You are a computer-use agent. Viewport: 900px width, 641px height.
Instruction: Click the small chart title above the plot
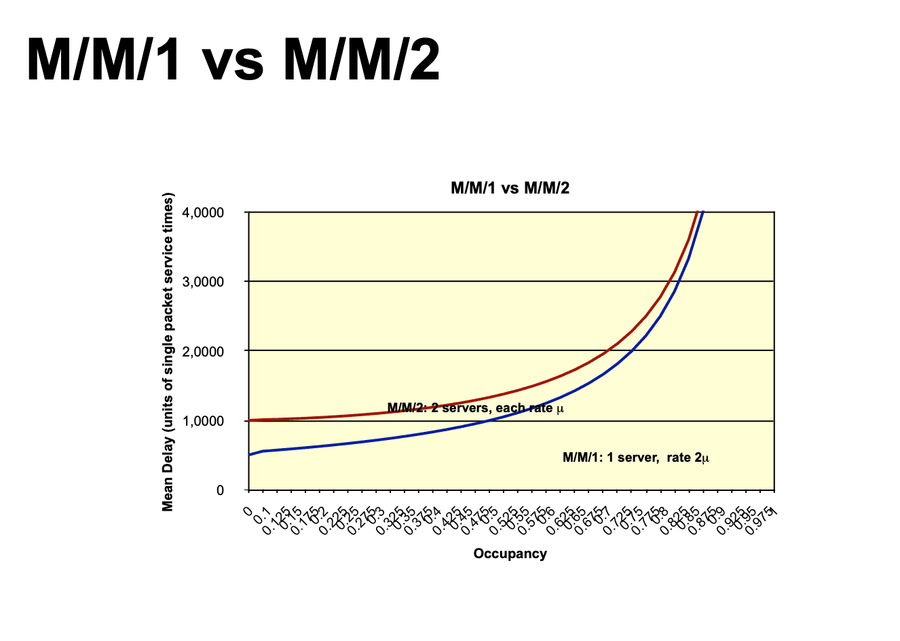coord(510,188)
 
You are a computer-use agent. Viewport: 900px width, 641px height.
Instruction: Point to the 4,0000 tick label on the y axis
coord(203,213)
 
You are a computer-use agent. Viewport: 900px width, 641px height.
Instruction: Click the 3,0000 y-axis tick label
coord(203,282)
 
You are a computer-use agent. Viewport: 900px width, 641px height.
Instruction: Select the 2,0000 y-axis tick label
coord(203,351)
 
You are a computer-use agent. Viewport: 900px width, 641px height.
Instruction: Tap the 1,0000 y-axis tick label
coord(203,421)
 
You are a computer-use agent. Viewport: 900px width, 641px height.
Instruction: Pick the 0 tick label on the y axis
coord(219,490)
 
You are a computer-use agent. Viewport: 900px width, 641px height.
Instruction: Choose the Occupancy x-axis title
coord(510,553)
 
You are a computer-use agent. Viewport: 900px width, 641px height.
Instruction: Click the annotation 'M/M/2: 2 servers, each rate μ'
coord(475,408)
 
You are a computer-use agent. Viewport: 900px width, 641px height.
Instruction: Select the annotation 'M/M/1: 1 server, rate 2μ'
coord(636,458)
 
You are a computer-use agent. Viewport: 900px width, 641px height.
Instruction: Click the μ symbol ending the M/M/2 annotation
coord(560,409)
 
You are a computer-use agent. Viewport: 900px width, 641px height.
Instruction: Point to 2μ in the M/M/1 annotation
coord(702,458)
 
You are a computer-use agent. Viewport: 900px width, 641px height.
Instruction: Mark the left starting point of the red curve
coord(250,420)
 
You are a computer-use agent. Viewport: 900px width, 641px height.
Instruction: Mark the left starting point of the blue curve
coord(250,455)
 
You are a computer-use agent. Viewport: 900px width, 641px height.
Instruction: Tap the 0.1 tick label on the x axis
coord(263,516)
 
